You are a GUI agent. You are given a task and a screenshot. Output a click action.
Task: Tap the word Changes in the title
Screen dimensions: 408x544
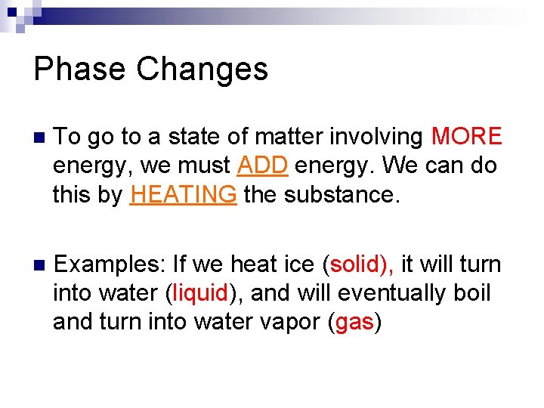tap(202, 69)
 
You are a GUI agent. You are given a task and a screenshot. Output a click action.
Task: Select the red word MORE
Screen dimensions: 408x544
tap(466, 137)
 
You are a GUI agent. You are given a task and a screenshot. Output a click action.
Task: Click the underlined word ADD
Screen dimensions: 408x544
tap(261, 165)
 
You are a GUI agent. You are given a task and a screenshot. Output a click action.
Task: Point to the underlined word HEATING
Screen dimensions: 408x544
tap(184, 194)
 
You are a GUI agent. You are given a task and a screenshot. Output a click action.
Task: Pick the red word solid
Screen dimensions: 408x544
tap(357, 264)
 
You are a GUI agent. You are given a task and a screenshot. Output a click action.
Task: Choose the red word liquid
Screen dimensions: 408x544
tap(200, 293)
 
